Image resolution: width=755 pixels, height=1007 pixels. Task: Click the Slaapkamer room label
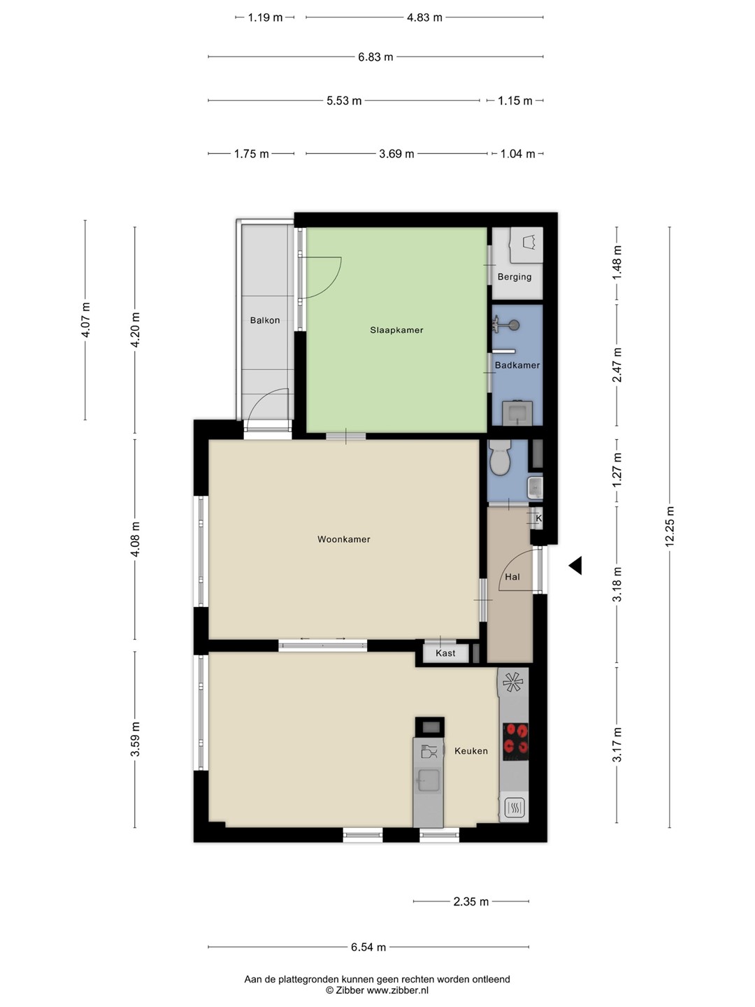click(396, 330)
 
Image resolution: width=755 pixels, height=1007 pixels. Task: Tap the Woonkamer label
click(344, 539)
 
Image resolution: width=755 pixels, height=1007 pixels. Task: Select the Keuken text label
click(471, 751)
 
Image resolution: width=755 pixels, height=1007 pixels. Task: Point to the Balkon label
click(265, 320)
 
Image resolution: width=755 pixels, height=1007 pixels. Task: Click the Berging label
click(515, 277)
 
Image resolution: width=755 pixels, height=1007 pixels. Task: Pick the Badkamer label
click(517, 365)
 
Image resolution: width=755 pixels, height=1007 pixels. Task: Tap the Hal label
click(512, 577)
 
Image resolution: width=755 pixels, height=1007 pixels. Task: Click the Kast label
click(445, 653)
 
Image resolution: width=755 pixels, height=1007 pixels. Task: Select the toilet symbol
click(500, 457)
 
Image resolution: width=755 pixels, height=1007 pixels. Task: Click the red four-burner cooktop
click(516, 742)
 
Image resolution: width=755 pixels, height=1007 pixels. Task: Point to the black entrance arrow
click(575, 565)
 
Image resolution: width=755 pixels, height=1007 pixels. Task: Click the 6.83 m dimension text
click(375, 57)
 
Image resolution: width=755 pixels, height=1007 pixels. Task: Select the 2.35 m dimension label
click(471, 901)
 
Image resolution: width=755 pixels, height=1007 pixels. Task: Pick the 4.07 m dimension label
click(86, 320)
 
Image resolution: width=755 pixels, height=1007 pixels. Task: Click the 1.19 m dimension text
click(265, 17)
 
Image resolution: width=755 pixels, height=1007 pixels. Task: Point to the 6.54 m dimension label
click(368, 947)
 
